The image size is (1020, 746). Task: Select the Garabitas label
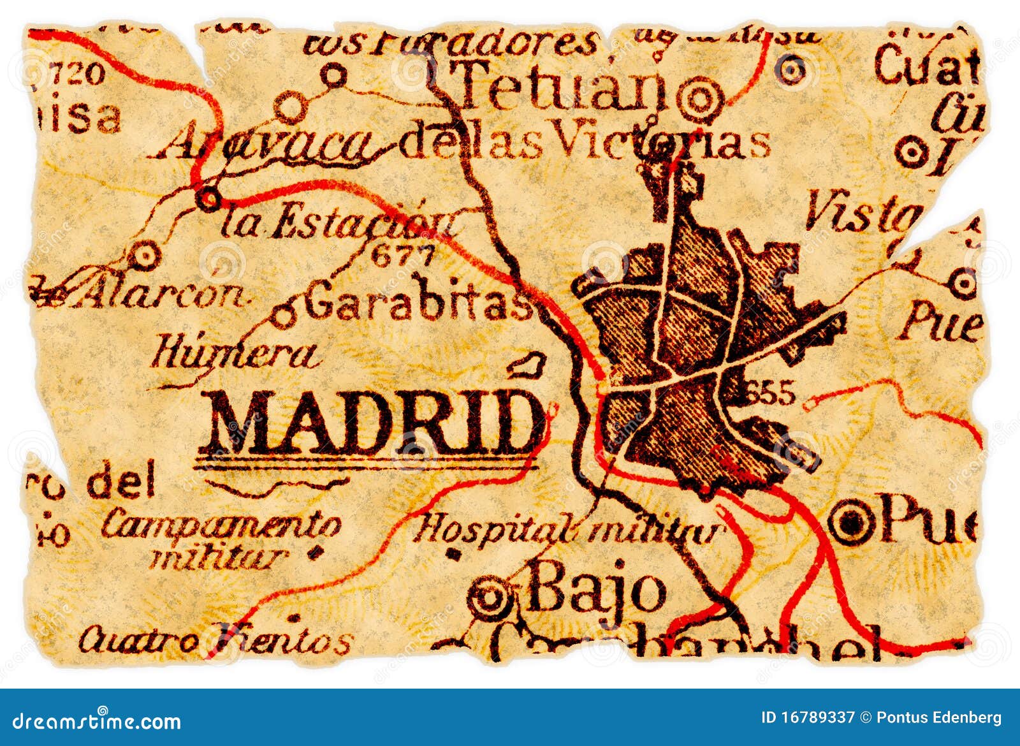[418, 302]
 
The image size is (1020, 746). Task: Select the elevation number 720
[77, 74]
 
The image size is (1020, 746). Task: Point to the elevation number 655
[771, 392]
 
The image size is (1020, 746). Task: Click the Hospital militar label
[567, 529]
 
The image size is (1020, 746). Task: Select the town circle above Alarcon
[145, 256]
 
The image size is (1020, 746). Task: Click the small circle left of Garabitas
[284, 315]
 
